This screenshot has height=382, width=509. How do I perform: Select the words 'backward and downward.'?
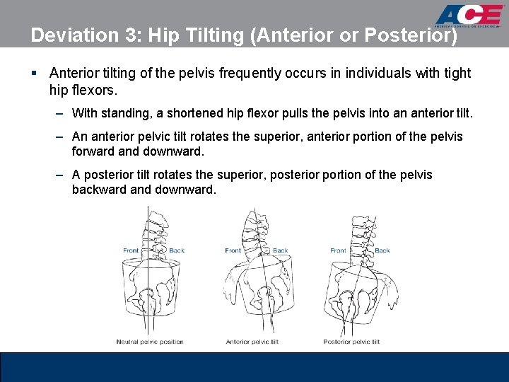[x=144, y=190]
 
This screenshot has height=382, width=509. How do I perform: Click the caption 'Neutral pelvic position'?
[x=150, y=342]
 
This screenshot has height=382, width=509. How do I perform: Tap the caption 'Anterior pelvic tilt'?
[x=252, y=342]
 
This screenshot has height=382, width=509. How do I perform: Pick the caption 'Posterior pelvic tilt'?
[x=351, y=342]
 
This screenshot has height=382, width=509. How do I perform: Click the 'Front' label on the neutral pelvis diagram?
[x=131, y=250]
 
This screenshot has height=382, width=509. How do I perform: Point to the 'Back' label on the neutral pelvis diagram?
[x=177, y=250]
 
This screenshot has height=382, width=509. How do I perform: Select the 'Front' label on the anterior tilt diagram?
[x=233, y=250]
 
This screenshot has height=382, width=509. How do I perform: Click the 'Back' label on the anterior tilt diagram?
[x=281, y=250]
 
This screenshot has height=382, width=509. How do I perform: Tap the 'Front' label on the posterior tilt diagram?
[x=339, y=250]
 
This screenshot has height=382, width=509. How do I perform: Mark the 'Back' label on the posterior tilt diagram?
[x=382, y=250]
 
